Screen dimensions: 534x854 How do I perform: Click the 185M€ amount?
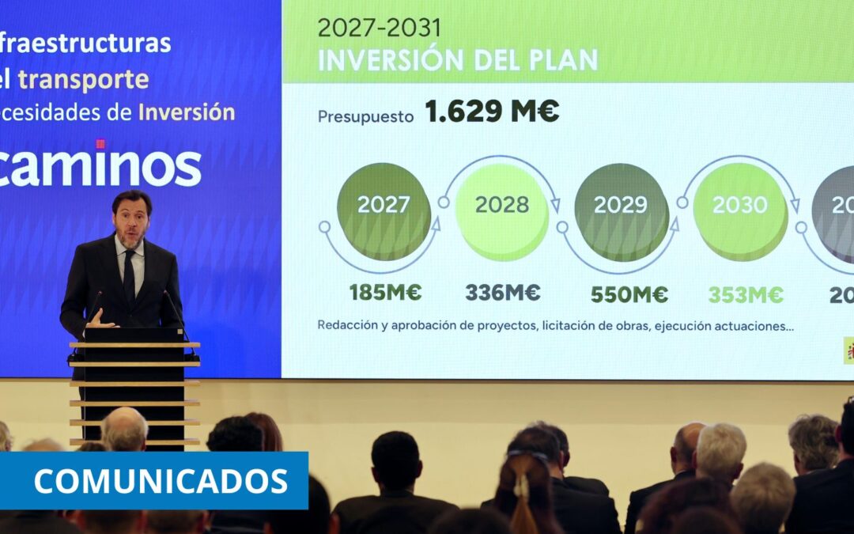coord(386,293)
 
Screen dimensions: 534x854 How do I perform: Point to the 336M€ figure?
coord(503,293)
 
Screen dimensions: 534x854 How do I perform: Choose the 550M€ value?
coord(629,294)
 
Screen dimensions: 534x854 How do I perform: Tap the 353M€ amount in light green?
coord(746,294)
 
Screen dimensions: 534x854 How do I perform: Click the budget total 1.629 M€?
coord(492,112)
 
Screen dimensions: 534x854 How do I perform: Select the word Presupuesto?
coord(365,116)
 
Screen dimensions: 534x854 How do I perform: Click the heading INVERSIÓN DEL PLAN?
coord(458,60)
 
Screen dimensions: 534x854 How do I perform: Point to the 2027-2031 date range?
coord(380,28)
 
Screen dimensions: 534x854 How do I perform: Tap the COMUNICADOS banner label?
coord(161,481)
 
